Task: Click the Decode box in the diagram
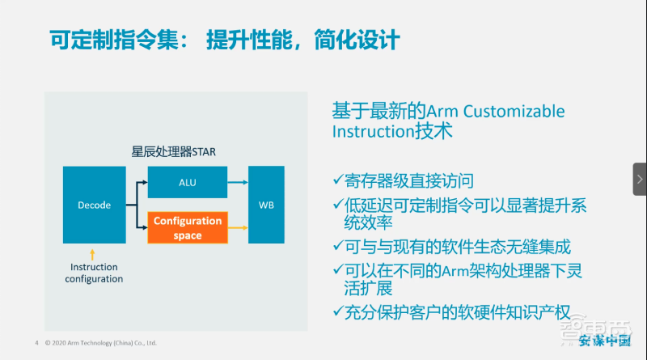[95, 205]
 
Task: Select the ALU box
[187, 182]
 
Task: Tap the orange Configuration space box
[187, 227]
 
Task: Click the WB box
[266, 205]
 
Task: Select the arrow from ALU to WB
[237, 183]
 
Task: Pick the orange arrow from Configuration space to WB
[237, 227]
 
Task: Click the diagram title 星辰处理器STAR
[173, 151]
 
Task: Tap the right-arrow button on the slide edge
[639, 179]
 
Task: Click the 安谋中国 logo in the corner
[606, 341]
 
